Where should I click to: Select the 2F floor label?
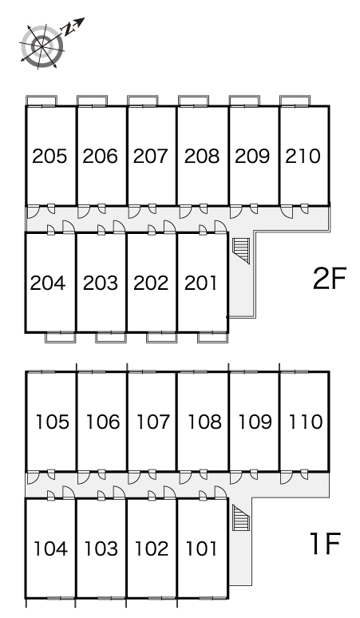[x=330, y=278]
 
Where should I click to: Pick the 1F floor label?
[x=326, y=544]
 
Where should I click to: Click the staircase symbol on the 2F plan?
[x=241, y=250]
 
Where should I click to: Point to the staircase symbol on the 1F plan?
[x=241, y=517]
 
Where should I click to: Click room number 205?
[x=49, y=156]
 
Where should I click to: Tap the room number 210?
[x=303, y=156]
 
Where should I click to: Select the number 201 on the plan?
[x=201, y=283]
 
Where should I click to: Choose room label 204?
[x=48, y=283]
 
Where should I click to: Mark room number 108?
[x=204, y=422]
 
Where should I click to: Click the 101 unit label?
[x=201, y=549]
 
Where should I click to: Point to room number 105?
[x=53, y=422]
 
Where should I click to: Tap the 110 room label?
[x=306, y=422]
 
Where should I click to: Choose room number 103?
[x=101, y=549]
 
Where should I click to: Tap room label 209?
[x=252, y=156]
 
